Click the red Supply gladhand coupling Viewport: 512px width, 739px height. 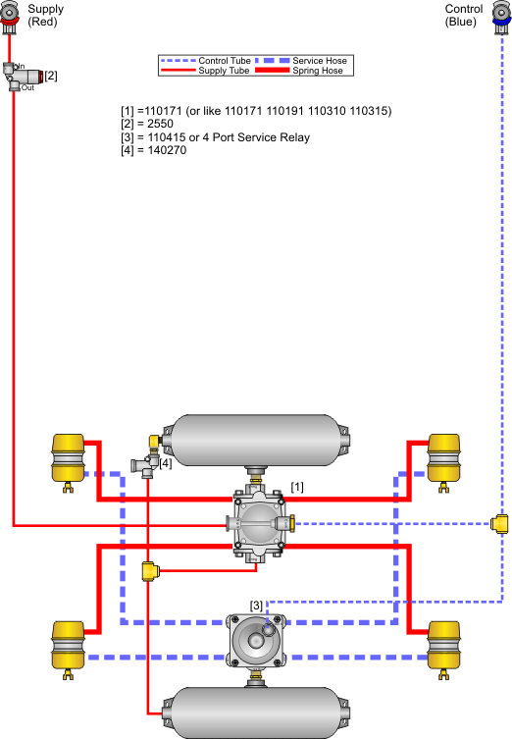tap(9, 17)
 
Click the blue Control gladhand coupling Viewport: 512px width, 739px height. tap(502, 17)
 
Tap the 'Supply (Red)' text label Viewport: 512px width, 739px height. tap(45, 15)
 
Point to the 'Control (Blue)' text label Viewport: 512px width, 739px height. tap(464, 15)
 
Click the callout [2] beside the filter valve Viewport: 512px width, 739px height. tap(51, 76)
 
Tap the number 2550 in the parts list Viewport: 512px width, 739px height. tap(160, 124)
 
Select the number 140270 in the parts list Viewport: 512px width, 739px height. tap(167, 150)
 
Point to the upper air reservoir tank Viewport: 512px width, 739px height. tap(256, 441)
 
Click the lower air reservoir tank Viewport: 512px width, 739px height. tap(256, 713)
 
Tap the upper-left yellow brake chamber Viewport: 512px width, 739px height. tap(69, 461)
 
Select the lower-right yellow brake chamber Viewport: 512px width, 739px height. tap(443, 649)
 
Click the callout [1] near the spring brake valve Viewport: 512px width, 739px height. tap(297, 487)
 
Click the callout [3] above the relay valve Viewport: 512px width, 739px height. tap(256, 606)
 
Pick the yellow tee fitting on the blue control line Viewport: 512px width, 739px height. tap(499, 524)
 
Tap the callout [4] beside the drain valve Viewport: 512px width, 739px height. tap(166, 463)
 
